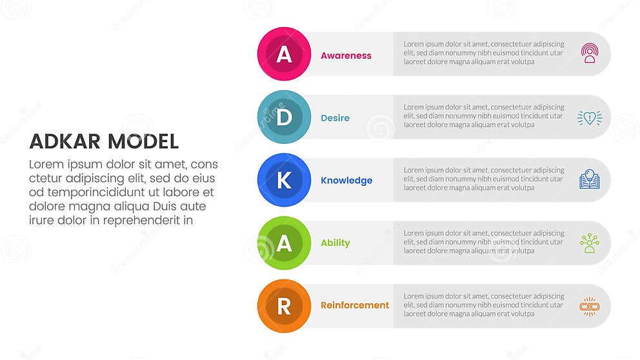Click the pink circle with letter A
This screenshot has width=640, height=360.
click(x=284, y=54)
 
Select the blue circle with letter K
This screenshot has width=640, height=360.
click(x=284, y=180)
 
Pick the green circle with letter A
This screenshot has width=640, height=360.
click(x=284, y=243)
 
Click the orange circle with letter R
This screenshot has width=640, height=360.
click(x=284, y=305)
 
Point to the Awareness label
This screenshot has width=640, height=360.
click(x=346, y=55)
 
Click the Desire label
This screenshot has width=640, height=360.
click(x=335, y=118)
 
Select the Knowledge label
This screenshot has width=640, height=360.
click(x=346, y=181)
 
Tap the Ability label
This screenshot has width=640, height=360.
click(x=335, y=243)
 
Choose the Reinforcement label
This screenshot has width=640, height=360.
click(x=355, y=305)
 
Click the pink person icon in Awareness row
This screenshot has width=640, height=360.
click(x=589, y=53)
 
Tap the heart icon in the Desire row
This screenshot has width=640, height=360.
click(x=589, y=117)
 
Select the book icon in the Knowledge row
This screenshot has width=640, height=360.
click(x=589, y=179)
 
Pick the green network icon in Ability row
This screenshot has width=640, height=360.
click(x=589, y=243)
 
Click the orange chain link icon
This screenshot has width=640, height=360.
click(x=589, y=306)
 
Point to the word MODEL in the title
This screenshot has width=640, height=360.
click(x=143, y=141)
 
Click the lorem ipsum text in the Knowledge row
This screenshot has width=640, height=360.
click(x=484, y=179)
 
